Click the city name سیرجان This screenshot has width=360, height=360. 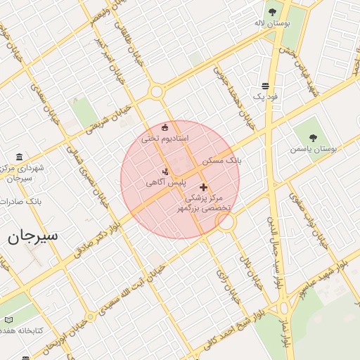tap(33, 236)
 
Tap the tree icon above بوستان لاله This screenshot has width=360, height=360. tap(272, 11)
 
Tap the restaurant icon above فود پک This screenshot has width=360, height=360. tap(265, 85)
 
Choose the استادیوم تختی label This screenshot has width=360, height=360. tap(165, 139)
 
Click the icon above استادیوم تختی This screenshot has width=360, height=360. tap(165, 127)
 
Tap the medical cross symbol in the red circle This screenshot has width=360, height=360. tap(204, 187)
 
